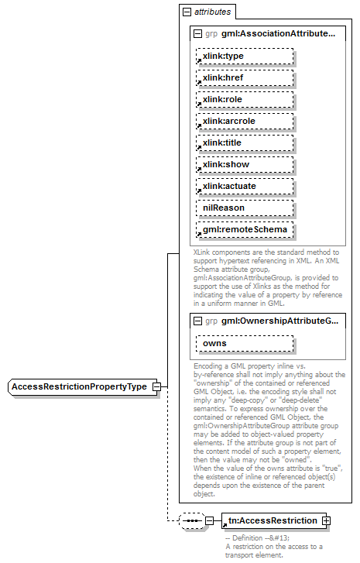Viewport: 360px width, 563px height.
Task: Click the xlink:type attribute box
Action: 244,57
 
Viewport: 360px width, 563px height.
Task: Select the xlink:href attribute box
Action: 244,78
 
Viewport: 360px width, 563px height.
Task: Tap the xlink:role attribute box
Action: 244,100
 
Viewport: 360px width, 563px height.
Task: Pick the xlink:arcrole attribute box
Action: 244,122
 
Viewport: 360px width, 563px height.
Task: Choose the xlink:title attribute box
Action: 244,143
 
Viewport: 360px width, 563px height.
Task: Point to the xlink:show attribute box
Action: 244,165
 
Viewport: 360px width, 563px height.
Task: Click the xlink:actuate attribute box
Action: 244,187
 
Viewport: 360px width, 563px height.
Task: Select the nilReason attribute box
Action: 244,208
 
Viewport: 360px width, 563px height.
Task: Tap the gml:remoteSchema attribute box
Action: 244,230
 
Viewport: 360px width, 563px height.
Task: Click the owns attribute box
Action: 244,343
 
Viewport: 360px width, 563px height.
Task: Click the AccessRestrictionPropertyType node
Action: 80,386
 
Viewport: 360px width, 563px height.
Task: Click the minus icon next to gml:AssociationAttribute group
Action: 198,34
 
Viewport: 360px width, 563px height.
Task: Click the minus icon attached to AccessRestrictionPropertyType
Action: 156,386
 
